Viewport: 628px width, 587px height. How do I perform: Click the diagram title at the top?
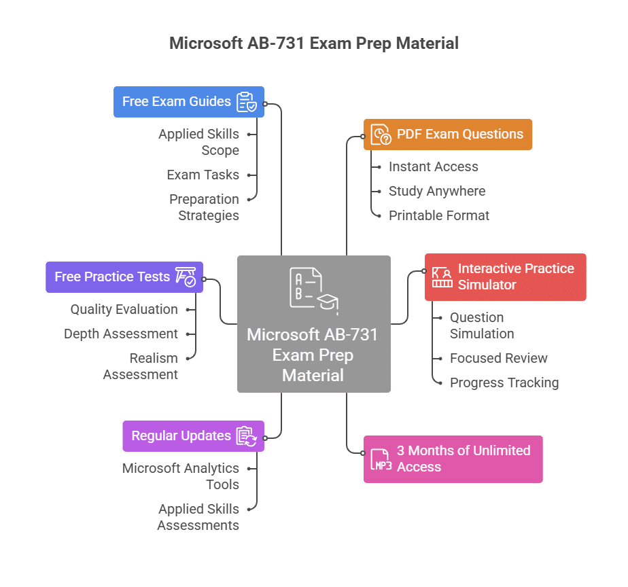tap(314, 43)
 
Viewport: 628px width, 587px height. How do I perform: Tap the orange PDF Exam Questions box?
tap(448, 135)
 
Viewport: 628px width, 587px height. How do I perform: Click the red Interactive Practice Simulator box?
tap(505, 277)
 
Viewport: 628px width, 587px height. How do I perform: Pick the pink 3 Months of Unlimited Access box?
tap(453, 459)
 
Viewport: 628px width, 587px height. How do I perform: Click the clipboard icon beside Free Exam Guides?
tap(246, 102)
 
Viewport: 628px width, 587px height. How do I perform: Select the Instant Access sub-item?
tap(433, 166)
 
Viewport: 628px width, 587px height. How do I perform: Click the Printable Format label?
tap(438, 215)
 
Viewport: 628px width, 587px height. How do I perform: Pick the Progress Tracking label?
tap(504, 383)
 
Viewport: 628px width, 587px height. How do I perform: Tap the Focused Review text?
tap(498, 358)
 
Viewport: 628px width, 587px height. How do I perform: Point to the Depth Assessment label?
tap(121, 334)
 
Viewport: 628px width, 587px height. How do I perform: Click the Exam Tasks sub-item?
tap(203, 175)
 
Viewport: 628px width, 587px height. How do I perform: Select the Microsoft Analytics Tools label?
tap(181, 476)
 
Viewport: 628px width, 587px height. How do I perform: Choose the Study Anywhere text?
tap(436, 191)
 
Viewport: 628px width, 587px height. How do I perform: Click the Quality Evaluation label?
tap(124, 309)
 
